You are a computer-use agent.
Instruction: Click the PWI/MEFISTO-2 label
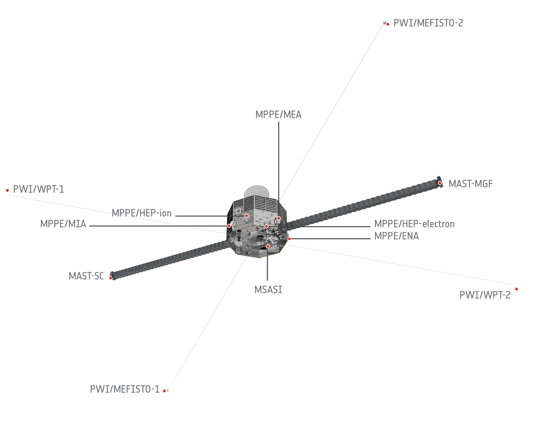click(428, 23)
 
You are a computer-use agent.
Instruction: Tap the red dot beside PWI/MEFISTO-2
click(388, 24)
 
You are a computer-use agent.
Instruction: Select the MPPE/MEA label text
click(278, 115)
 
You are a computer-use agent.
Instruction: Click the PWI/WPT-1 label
click(39, 189)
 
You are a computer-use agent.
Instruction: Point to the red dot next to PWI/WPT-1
click(8, 190)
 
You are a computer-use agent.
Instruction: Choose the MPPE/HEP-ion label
click(141, 213)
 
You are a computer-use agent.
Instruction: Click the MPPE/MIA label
click(63, 224)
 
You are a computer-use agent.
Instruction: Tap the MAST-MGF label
click(471, 184)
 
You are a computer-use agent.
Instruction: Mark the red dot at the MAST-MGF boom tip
click(440, 183)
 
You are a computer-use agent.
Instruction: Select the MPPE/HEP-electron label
click(414, 224)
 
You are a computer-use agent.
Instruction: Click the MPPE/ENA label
click(396, 236)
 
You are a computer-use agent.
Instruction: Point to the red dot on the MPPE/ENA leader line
click(289, 239)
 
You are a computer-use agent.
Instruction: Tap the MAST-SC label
click(86, 276)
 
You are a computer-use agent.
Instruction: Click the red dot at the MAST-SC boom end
click(110, 278)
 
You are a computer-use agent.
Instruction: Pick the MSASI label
click(268, 290)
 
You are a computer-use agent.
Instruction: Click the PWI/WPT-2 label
click(485, 295)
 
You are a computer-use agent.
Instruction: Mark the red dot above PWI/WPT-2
click(516, 289)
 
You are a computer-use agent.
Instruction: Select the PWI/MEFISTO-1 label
click(125, 389)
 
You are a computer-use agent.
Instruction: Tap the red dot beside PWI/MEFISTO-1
click(164, 391)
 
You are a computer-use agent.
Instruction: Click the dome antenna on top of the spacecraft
click(257, 191)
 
